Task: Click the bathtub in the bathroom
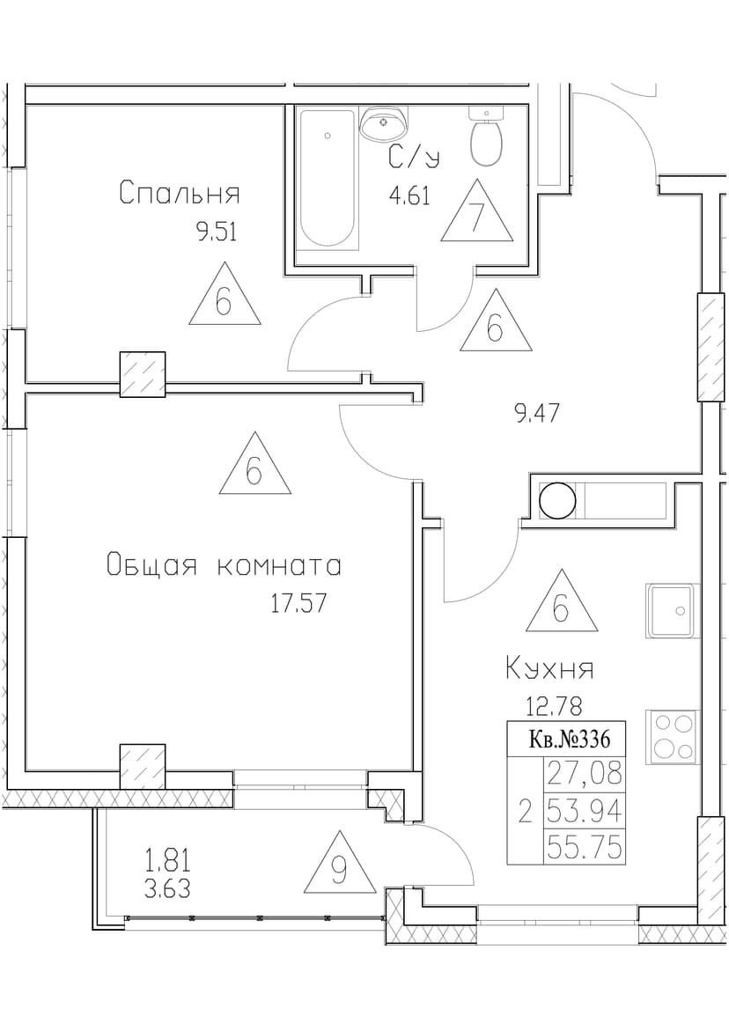pyautogui.click(x=328, y=178)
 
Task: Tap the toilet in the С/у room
pyautogui.click(x=486, y=136)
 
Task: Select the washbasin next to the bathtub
pyautogui.click(x=384, y=123)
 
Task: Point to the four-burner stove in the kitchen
pyautogui.click(x=671, y=737)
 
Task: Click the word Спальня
pyautogui.click(x=180, y=194)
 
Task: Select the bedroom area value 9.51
pyautogui.click(x=216, y=232)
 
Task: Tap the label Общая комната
pyautogui.click(x=224, y=565)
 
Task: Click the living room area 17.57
pyautogui.click(x=299, y=603)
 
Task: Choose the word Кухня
pyautogui.click(x=549, y=669)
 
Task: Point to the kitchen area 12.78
pyautogui.click(x=554, y=707)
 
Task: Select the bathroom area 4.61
pyautogui.click(x=409, y=196)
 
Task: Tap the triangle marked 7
pyautogui.click(x=476, y=212)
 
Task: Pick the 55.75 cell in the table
pyautogui.click(x=584, y=848)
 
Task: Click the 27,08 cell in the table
pyautogui.click(x=584, y=773)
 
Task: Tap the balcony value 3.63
pyautogui.click(x=167, y=889)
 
